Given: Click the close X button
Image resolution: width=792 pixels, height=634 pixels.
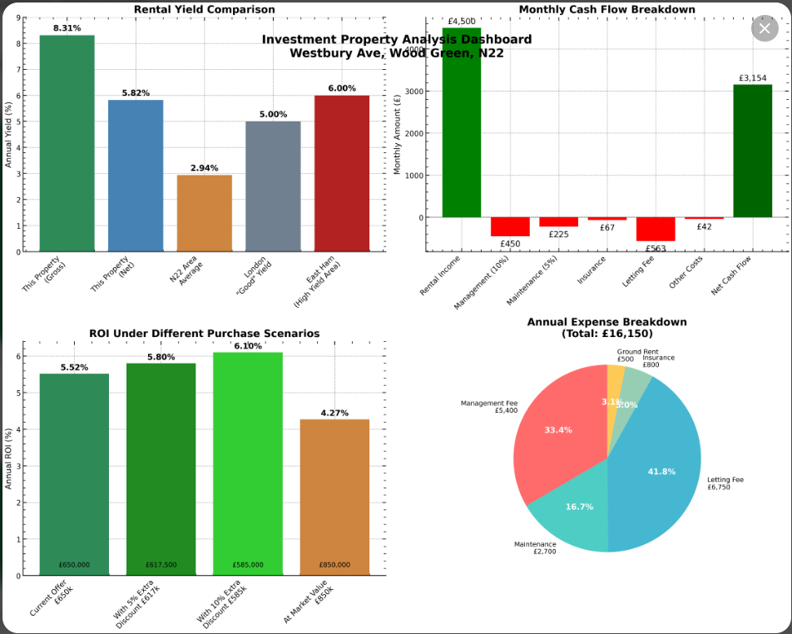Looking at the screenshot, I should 765,28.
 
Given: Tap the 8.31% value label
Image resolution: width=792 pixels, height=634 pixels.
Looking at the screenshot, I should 67,28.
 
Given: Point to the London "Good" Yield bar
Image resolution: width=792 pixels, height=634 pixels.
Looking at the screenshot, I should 273,186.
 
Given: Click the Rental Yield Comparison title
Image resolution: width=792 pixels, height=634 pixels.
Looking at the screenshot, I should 205,9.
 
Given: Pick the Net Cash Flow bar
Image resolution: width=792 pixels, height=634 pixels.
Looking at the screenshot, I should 753,151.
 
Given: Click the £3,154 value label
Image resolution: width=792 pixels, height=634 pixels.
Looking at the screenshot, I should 753,78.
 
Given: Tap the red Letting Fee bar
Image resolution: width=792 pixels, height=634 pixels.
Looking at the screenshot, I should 656,230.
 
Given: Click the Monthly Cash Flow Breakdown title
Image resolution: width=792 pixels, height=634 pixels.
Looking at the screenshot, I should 606,9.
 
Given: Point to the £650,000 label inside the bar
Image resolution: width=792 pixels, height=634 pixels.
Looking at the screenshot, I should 74,565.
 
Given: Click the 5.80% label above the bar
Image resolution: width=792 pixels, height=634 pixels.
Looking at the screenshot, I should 161,357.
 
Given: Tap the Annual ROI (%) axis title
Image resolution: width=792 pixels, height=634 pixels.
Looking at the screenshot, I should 9,458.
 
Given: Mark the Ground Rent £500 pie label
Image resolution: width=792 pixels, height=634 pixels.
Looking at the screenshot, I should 625,355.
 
